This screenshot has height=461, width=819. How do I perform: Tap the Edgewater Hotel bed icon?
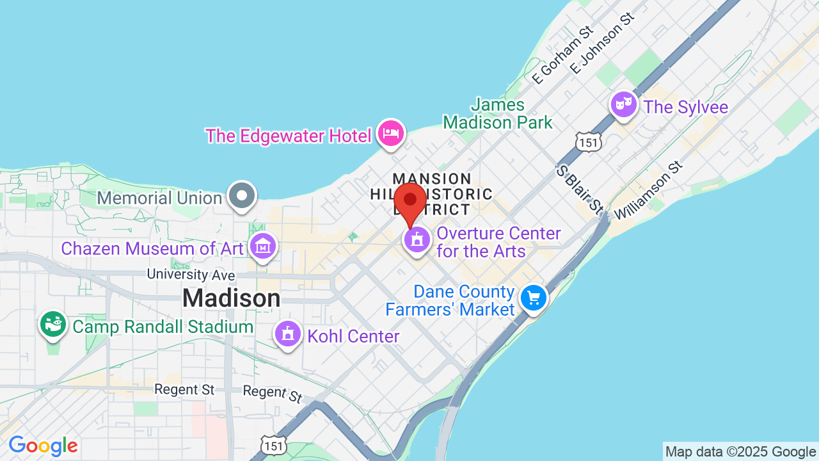(x=390, y=133)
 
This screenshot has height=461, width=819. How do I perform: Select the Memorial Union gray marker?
(x=243, y=196)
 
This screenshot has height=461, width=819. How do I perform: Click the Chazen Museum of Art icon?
(x=263, y=247)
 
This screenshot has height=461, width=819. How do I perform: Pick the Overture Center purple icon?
(x=417, y=241)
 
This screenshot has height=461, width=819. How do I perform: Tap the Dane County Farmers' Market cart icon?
(x=534, y=298)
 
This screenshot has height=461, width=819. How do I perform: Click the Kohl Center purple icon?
(x=288, y=334)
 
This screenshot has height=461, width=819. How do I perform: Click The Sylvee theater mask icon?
(x=623, y=104)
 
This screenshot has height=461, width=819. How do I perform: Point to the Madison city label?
(x=231, y=298)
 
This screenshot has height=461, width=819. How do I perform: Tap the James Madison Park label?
(x=498, y=113)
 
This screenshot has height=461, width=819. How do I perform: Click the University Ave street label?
(x=191, y=275)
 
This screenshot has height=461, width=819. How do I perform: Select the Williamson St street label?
(x=648, y=190)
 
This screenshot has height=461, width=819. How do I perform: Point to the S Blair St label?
(x=580, y=189)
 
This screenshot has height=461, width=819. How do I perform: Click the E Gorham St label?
(x=563, y=56)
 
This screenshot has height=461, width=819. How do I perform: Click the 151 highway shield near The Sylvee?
(x=588, y=142)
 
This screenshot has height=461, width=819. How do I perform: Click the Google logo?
(x=43, y=446)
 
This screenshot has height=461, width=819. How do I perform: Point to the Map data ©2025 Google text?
(x=740, y=451)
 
